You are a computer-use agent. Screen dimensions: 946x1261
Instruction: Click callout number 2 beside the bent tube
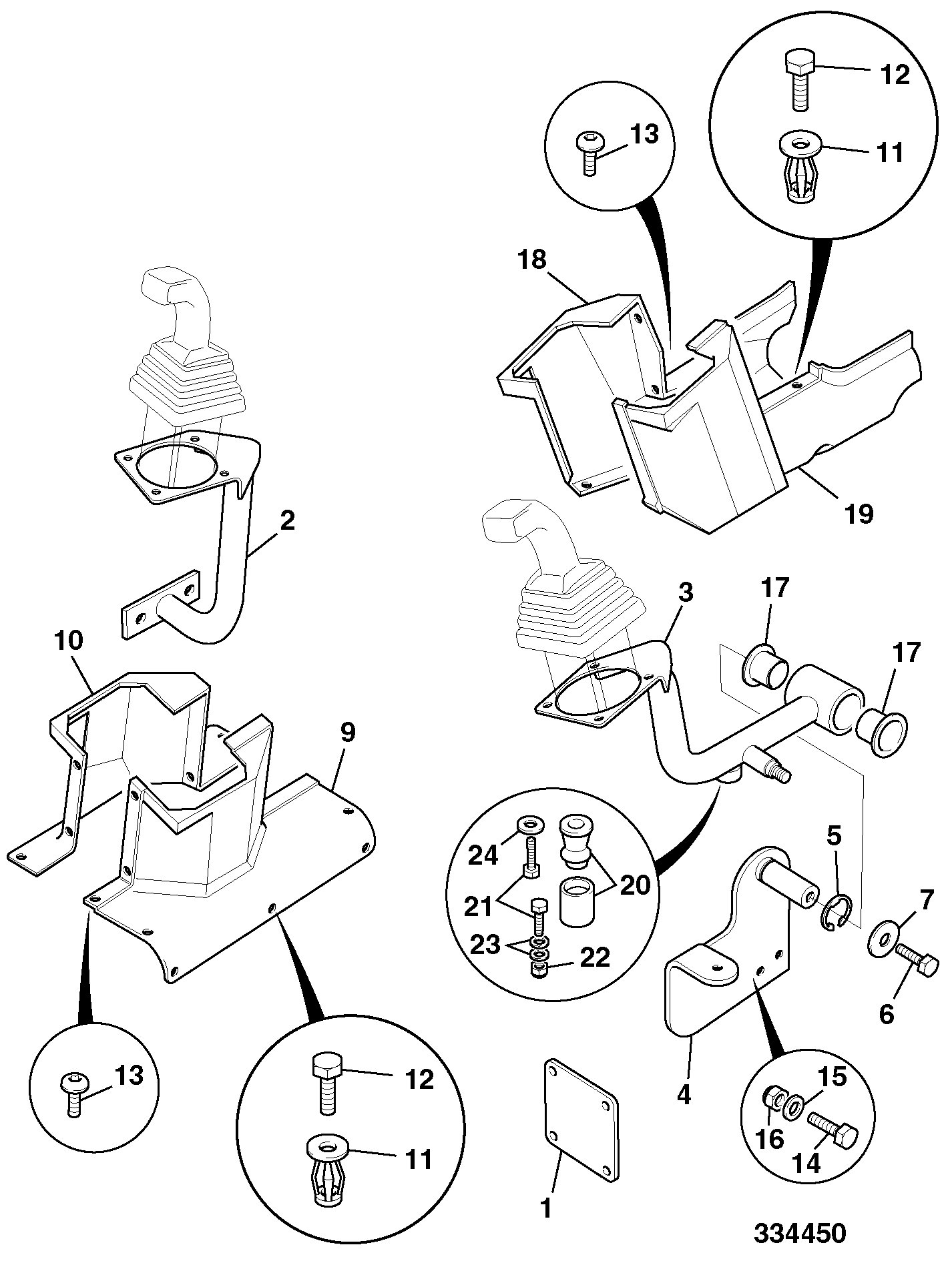(x=287, y=520)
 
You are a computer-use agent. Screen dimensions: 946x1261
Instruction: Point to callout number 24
(x=482, y=855)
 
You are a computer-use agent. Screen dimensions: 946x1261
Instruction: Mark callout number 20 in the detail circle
(x=635, y=885)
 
